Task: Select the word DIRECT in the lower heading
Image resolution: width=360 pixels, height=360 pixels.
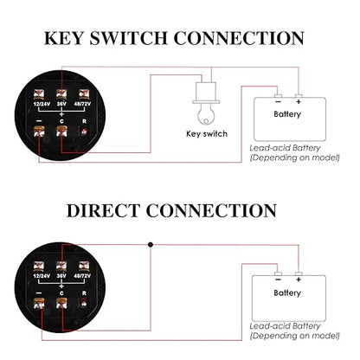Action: [x=103, y=210]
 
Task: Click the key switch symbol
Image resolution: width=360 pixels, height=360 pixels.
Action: [x=206, y=103]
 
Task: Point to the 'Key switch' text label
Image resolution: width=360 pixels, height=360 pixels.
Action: [x=207, y=134]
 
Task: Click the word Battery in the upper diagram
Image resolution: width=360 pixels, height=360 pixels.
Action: [x=287, y=114]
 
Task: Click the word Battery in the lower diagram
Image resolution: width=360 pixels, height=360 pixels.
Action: [x=287, y=292]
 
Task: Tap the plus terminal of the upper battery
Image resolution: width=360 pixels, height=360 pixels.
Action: [x=299, y=96]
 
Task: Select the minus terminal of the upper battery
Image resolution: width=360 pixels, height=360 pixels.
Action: [x=278, y=96]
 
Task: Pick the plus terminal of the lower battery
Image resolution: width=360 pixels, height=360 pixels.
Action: [x=299, y=273]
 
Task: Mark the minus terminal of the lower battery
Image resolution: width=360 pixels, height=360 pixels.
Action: [x=278, y=273]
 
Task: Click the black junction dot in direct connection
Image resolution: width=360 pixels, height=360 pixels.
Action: [x=151, y=245]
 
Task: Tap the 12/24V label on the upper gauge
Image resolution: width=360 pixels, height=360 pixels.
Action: [x=42, y=104]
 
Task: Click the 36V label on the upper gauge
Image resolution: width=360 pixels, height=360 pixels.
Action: [x=61, y=104]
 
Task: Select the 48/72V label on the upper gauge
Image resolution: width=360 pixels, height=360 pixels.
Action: [x=82, y=104]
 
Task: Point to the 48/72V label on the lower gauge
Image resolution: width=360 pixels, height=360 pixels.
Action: [x=82, y=276]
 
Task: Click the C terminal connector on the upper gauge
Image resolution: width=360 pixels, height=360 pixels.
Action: [x=61, y=132]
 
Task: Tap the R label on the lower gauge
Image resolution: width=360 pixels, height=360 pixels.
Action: [x=84, y=293]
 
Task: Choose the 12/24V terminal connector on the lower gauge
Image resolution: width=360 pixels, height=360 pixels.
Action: [x=39, y=267]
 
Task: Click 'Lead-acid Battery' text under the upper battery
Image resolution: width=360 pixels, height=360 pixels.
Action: [x=285, y=148]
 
